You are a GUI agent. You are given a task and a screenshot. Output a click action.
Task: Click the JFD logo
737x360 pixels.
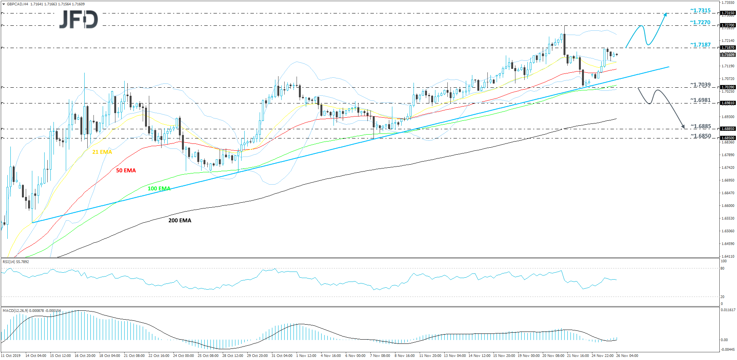(x=78, y=20)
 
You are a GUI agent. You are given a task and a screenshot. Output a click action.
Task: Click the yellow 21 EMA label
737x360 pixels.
(x=102, y=152)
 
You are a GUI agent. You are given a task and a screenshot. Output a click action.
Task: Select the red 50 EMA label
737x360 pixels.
(x=126, y=170)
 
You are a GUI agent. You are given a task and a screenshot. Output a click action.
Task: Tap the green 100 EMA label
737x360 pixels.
(x=159, y=188)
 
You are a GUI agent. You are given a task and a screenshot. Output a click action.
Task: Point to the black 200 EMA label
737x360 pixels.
(x=180, y=220)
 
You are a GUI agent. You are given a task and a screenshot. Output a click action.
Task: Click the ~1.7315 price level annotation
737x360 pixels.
(x=700, y=11)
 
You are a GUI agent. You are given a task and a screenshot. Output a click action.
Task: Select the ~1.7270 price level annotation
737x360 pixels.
(x=700, y=22)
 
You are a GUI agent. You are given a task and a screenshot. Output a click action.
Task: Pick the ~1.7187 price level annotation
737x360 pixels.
(x=700, y=45)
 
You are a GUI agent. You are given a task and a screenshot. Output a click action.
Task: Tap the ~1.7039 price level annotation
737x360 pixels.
(x=700, y=85)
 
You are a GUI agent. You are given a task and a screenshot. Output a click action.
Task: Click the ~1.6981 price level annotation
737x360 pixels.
(x=700, y=100)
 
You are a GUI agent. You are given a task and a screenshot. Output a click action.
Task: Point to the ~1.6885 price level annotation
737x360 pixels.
(x=700, y=126)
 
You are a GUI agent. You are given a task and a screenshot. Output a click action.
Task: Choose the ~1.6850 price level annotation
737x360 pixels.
(x=700, y=136)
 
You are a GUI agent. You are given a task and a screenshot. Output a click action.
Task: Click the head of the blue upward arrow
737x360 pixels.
(x=666, y=14)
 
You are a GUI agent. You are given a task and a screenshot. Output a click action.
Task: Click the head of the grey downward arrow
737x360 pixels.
(x=684, y=127)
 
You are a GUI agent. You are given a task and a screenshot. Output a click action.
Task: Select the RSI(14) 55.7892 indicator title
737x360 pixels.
(x=16, y=262)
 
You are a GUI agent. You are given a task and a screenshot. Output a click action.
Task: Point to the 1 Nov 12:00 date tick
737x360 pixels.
(x=306, y=356)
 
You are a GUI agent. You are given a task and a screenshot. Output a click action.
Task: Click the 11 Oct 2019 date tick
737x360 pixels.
(x=11, y=356)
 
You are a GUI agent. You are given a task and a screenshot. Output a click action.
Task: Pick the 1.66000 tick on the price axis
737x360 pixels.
(x=727, y=206)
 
